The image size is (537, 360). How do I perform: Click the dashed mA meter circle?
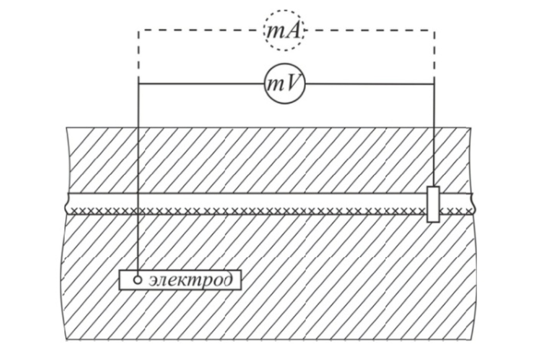(x=284, y=30)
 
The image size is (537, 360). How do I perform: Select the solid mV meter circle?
(x=284, y=83)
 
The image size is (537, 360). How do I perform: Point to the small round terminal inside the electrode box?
(x=138, y=280)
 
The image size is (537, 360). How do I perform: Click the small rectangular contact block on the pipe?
(x=433, y=204)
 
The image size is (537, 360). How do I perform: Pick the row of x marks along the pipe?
(x=250, y=211)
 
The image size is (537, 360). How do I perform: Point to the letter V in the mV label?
(x=294, y=84)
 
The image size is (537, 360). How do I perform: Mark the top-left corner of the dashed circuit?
(x=138, y=30)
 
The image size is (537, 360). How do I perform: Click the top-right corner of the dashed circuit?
(x=434, y=30)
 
